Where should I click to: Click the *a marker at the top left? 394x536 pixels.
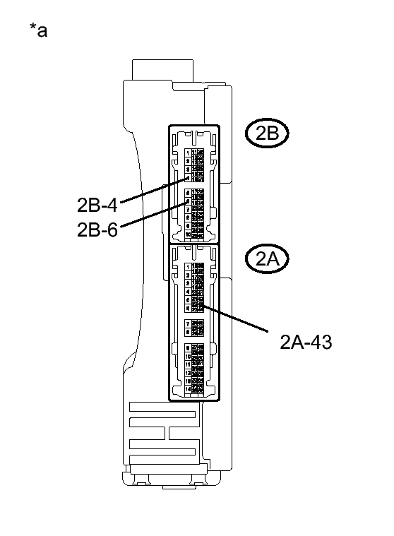pyautogui.click(x=38, y=30)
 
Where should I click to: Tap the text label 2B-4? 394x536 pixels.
pyautogui.click(x=97, y=206)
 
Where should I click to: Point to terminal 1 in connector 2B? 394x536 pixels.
pyautogui.click(x=188, y=152)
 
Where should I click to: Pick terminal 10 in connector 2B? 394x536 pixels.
pyautogui.click(x=188, y=234)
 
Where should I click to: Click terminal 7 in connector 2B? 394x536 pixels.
pyautogui.click(x=188, y=210)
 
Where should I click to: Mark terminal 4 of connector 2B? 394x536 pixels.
pyautogui.click(x=188, y=177)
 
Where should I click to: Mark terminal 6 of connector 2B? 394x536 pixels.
pyautogui.click(x=188, y=201)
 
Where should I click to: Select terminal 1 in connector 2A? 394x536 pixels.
pyautogui.click(x=188, y=266)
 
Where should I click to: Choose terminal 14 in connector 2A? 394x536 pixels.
pyautogui.click(x=188, y=389)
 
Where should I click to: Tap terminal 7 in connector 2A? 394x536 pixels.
pyautogui.click(x=188, y=322)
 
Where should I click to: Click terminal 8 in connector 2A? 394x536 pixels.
pyautogui.click(x=188, y=331)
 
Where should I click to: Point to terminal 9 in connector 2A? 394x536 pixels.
pyautogui.click(x=188, y=347)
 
